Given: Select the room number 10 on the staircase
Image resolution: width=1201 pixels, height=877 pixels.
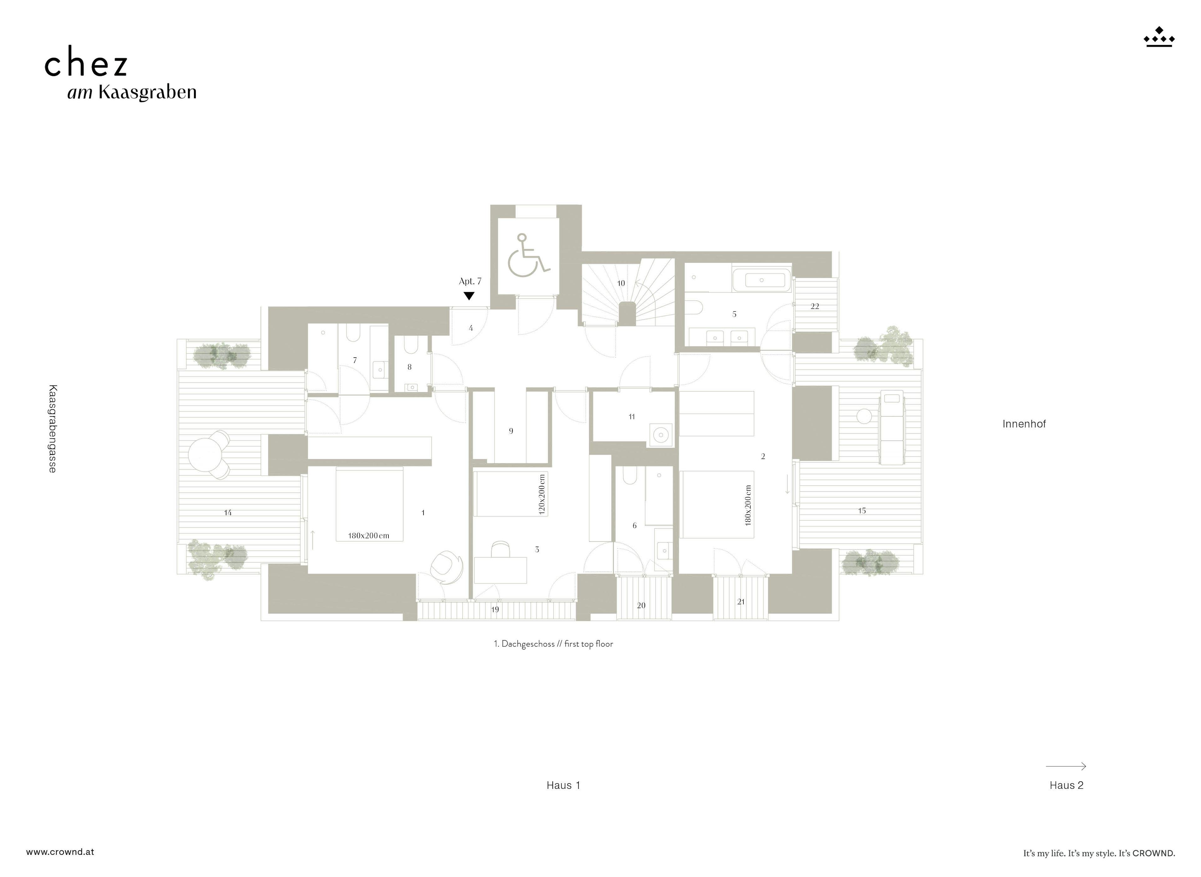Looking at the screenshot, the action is pos(621,283).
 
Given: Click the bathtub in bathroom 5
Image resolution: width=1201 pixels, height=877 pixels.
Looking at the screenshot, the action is pos(761,280).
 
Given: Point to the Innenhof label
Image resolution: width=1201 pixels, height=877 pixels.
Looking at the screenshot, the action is pos(1024,424).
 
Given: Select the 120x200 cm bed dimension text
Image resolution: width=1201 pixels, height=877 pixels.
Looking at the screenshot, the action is pos(541,494).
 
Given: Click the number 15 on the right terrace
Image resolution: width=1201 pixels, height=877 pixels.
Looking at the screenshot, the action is pos(862,511).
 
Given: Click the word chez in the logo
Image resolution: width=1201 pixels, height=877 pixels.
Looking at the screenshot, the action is pos(86,64).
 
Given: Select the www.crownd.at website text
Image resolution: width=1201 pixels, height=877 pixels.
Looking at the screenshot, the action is pos(60,852).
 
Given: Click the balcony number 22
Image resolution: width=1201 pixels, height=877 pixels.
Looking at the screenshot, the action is pos(815,306).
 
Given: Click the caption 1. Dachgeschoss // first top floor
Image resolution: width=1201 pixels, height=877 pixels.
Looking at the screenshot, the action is pos(553,644).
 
